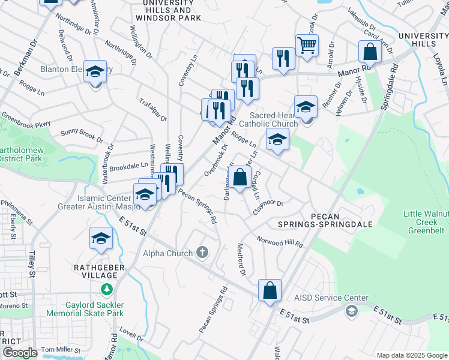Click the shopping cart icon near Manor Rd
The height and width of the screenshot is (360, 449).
pos(307,45)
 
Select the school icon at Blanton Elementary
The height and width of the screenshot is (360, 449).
pos(95,72)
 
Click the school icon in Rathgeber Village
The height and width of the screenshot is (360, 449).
pos(101,238)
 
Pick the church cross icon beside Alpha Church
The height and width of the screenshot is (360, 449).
pos(203,251)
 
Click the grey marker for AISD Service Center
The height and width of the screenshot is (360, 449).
pos(351,310)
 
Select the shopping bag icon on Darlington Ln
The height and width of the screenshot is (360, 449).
pos(240,178)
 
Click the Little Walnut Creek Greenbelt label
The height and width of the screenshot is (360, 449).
pos(425,222)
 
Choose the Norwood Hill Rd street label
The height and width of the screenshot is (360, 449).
pos(279,241)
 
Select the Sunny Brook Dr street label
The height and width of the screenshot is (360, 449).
pos(82,134)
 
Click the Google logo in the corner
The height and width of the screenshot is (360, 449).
pos(20,353)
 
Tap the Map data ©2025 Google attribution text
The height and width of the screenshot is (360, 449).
pos(411,355)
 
